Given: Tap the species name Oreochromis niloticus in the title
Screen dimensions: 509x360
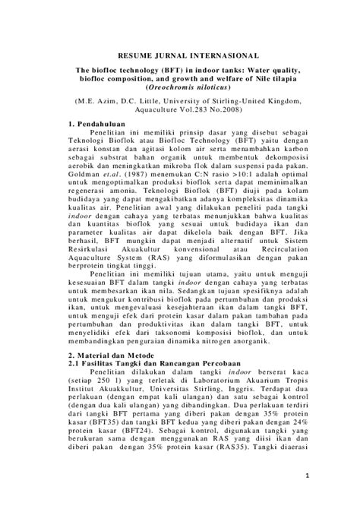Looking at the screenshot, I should (x=181, y=87).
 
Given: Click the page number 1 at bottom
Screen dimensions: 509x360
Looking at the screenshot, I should (x=305, y=476).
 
